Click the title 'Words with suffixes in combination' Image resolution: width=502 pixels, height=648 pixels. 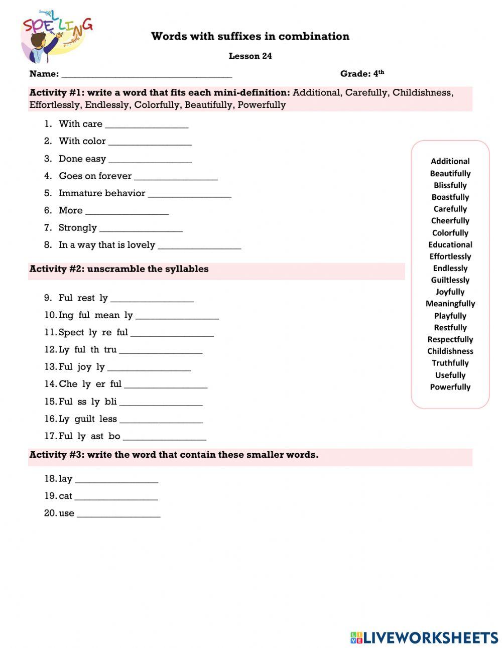(250, 36)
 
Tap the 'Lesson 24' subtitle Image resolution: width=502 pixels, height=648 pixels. (250, 56)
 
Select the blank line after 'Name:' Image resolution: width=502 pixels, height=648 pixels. (146, 75)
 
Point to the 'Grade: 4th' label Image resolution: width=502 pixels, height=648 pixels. (362, 74)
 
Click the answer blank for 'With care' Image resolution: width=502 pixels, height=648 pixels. (147, 125)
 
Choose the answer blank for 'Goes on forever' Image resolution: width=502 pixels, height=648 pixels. (176, 177)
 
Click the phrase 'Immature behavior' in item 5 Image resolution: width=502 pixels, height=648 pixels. (102, 193)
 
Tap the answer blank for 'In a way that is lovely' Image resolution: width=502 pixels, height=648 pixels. (199, 246)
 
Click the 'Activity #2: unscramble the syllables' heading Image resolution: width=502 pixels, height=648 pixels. (119, 269)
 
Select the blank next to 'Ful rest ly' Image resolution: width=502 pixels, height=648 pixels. (152, 299)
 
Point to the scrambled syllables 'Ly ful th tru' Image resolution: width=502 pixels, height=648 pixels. (87, 349)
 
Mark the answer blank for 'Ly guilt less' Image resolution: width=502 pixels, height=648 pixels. (161, 420)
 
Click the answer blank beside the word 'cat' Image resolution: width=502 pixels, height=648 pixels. (116, 497)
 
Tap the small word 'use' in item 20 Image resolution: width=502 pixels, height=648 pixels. (66, 513)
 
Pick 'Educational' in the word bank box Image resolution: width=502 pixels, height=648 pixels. (450, 244)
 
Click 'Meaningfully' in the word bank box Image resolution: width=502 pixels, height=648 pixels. (450, 304)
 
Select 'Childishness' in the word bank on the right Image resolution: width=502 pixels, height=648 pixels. (450, 351)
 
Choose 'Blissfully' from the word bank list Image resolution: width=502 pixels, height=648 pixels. (450, 185)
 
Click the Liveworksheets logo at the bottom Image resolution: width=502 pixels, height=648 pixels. (424, 637)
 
